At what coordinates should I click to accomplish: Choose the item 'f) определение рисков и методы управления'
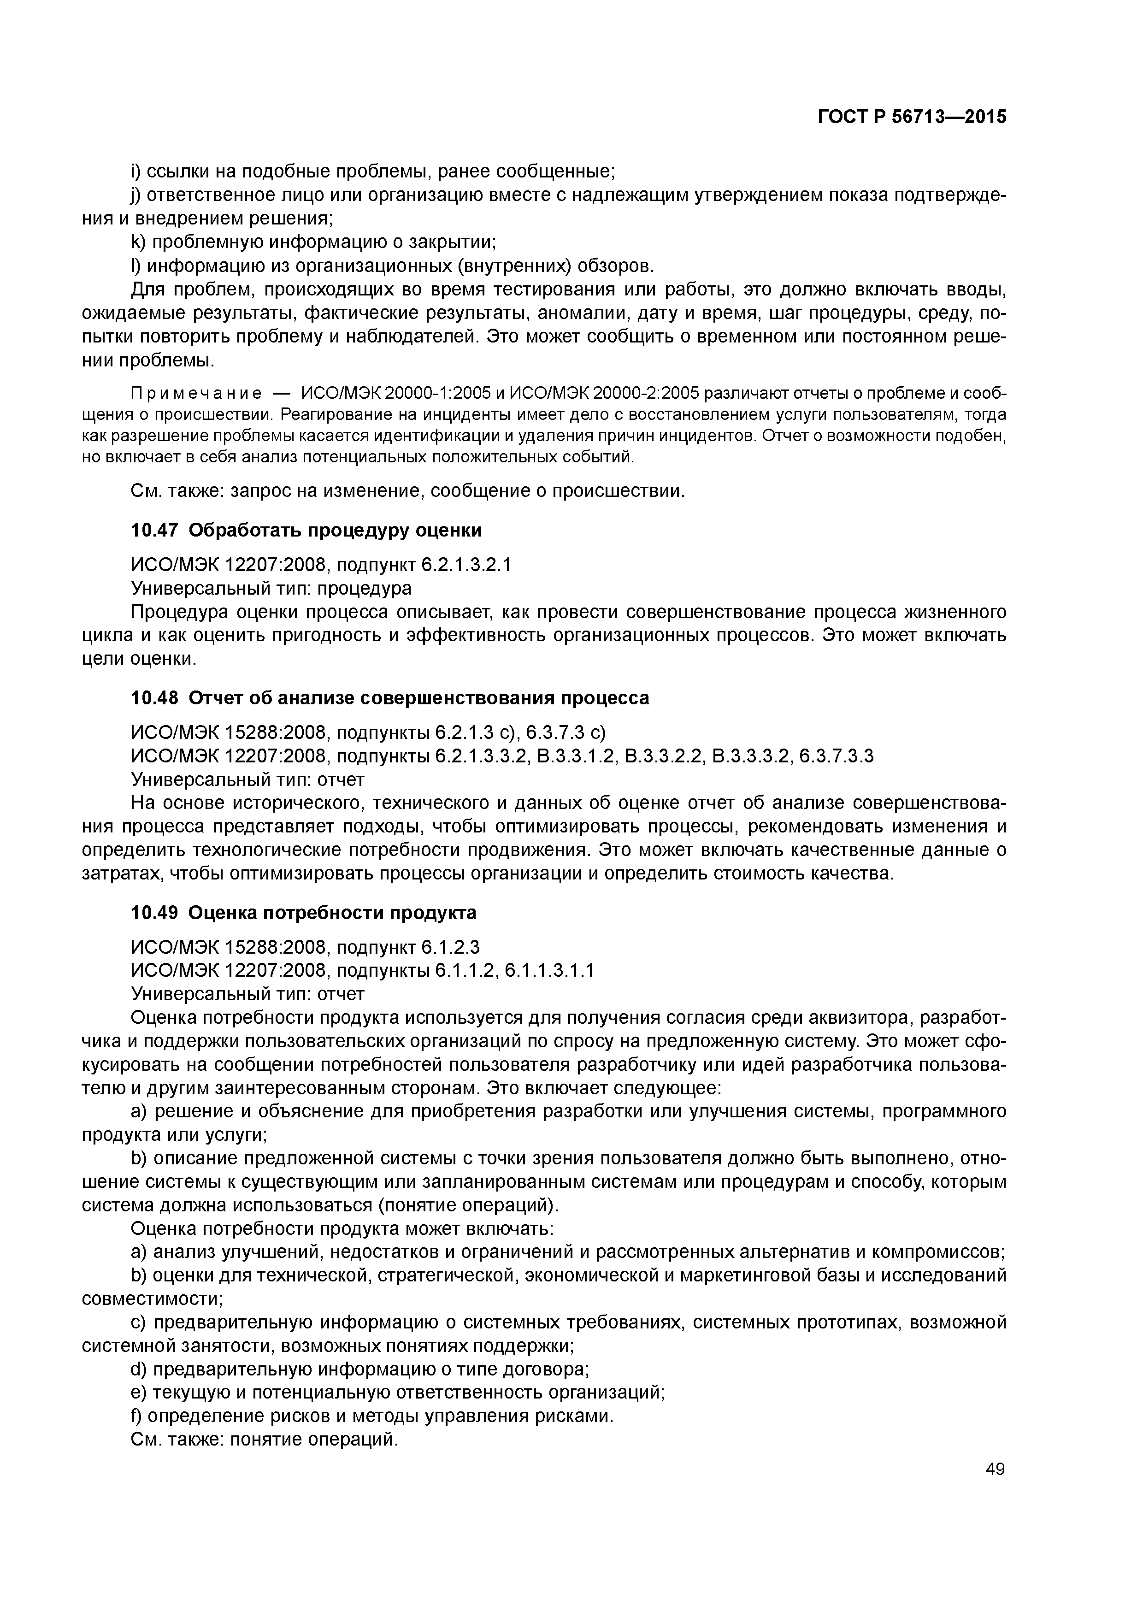[372, 1416]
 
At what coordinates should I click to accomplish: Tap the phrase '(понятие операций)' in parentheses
[468, 1205]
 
